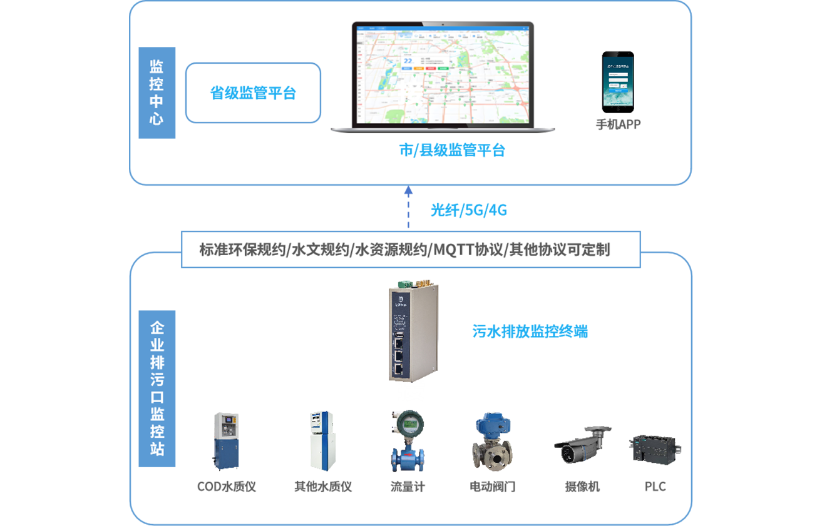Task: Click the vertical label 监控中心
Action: pos(157,92)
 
